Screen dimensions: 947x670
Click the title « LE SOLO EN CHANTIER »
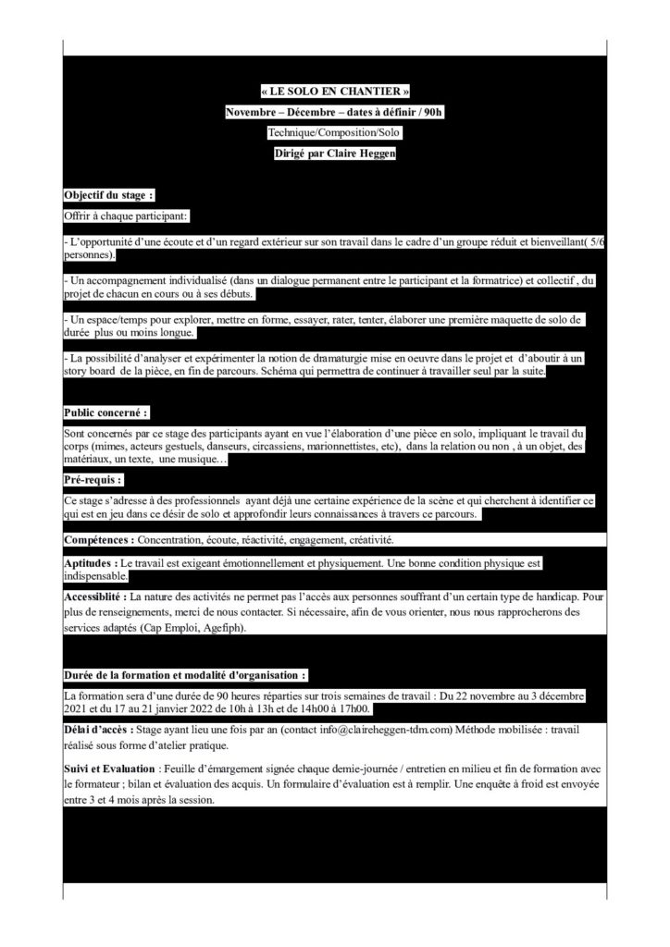[334, 92]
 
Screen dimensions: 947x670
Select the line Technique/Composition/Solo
[334, 134]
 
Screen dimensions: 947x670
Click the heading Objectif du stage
[108, 196]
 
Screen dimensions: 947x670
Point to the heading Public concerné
[105, 412]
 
